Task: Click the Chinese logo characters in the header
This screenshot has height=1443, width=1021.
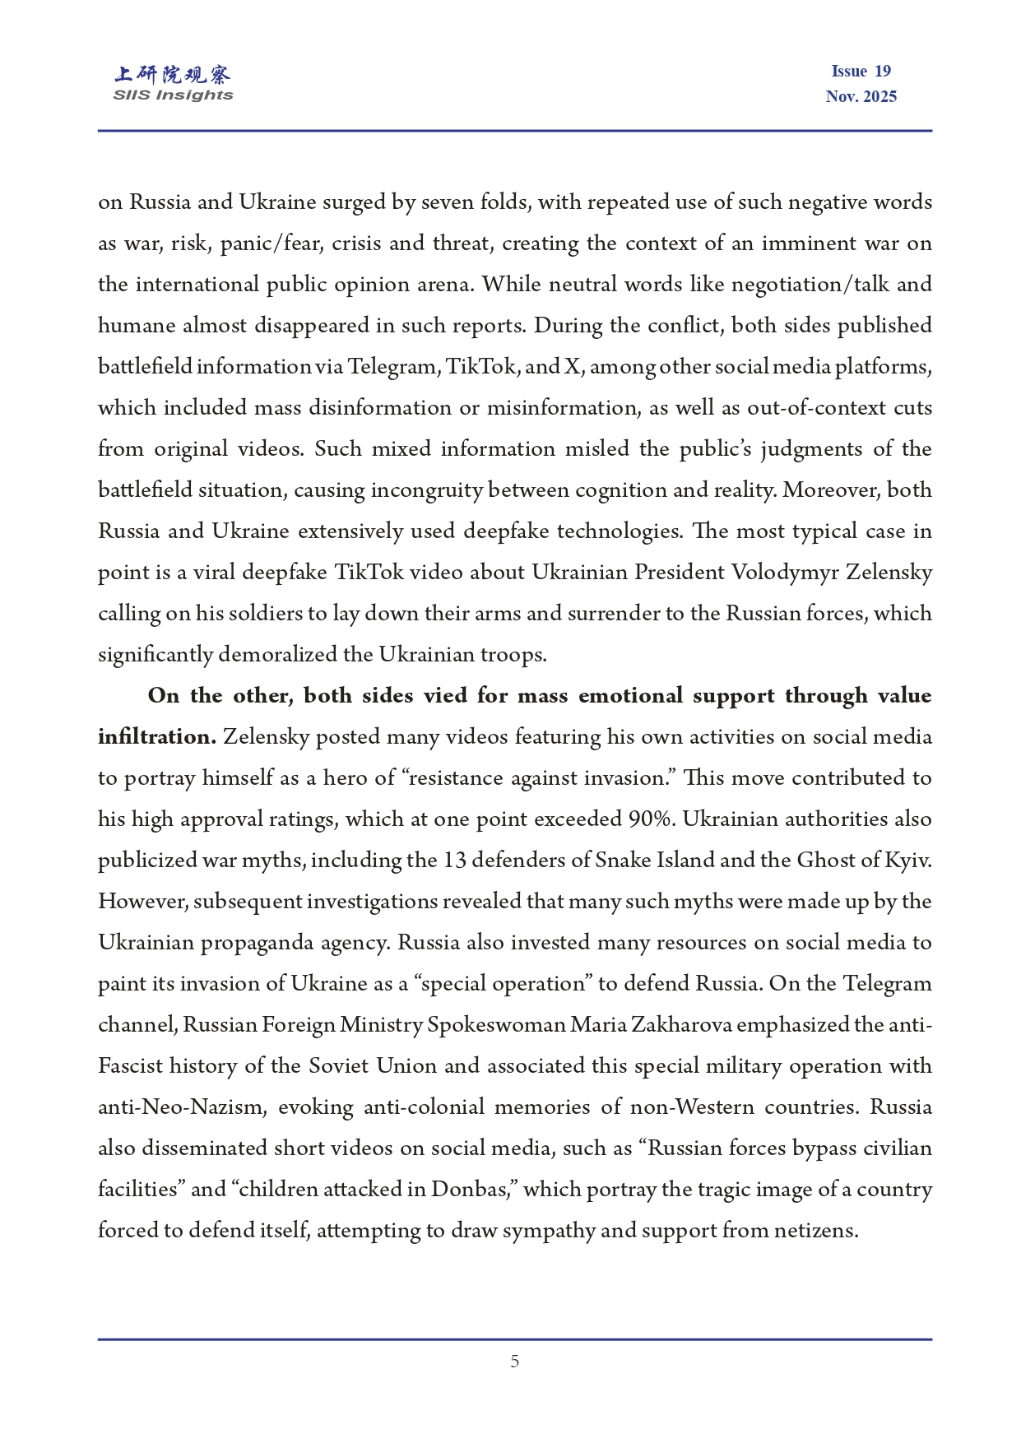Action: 173,75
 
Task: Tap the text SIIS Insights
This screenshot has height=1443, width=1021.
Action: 173,95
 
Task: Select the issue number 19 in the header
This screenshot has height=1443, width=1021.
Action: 882,72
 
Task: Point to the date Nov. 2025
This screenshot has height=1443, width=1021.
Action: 861,96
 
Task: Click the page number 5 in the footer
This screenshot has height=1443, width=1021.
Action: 514,1362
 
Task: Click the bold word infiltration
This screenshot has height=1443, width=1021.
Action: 156,737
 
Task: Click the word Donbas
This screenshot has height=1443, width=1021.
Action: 473,1190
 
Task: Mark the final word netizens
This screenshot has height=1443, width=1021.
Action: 815,1231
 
